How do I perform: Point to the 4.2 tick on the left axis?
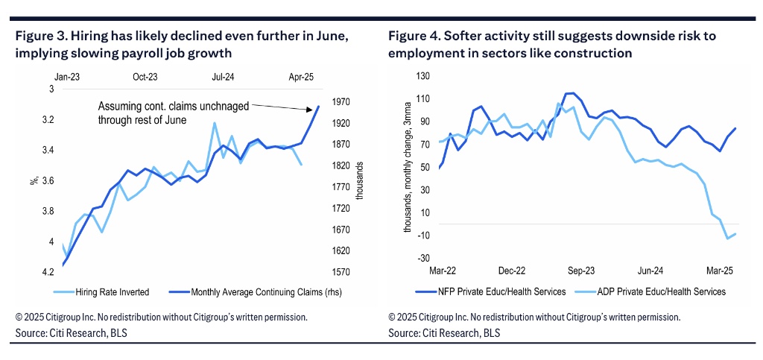click(46, 272)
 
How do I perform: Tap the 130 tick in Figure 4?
click(424, 76)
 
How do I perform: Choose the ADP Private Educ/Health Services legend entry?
click(654, 291)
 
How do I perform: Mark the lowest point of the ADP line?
click(728, 239)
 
